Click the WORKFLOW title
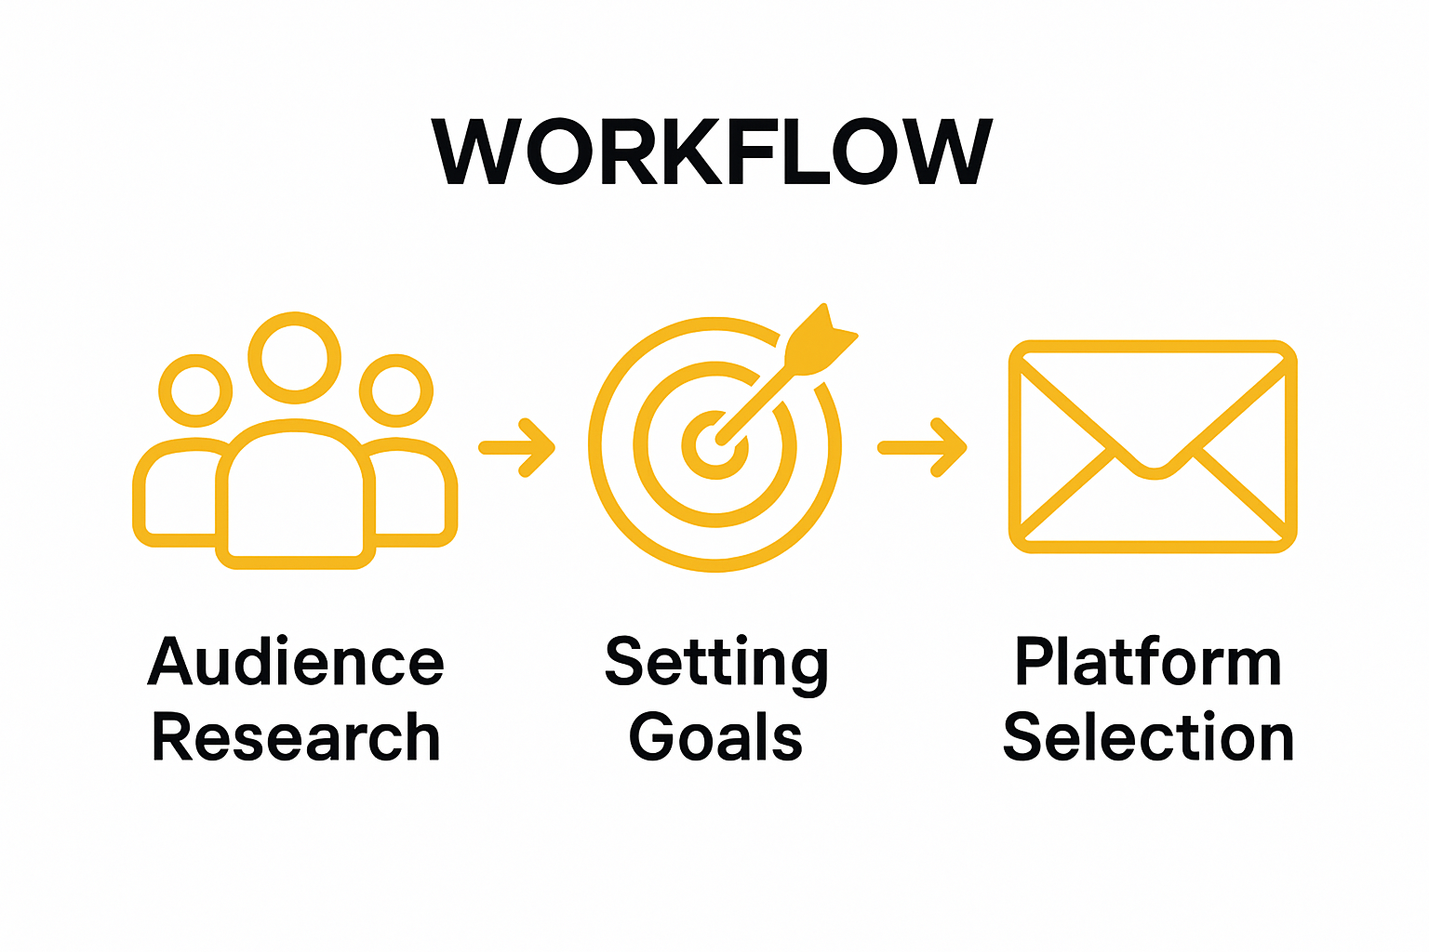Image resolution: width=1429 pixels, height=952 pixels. coord(713,152)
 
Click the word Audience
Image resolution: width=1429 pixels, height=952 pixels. coord(296,662)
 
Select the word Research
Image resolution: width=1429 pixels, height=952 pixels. coord(296,738)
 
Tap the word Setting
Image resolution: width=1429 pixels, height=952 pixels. coord(715,664)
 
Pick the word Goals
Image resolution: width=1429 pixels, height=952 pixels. coord(715,738)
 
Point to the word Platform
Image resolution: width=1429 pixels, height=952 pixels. coord(1148,662)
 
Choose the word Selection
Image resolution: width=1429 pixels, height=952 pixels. coord(1148,738)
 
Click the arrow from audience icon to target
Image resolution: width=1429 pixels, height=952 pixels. coord(517,448)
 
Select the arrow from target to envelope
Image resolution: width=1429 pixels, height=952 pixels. coord(922,448)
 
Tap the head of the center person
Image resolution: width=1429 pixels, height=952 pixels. coord(294,358)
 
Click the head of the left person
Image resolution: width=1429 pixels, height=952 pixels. coord(195,390)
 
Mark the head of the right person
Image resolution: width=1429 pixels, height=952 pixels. coord(396,390)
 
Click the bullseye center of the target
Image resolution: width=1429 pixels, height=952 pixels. coord(714,445)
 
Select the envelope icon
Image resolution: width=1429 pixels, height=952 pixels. coord(1153,447)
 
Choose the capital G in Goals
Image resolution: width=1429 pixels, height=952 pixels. coord(652,738)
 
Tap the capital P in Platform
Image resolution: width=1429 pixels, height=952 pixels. coord(1033,662)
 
